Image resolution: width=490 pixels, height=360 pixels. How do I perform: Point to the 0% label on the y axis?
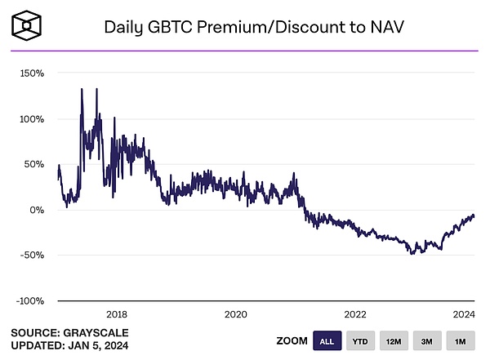(x=37, y=210)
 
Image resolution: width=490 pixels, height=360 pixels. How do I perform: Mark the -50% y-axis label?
(x=32, y=256)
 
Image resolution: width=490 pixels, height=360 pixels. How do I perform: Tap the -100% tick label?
(x=29, y=301)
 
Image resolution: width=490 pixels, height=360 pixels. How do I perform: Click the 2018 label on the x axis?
(x=116, y=314)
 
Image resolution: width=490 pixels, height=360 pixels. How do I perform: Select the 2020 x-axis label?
(x=235, y=314)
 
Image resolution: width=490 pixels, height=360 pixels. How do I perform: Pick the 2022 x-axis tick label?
(x=354, y=314)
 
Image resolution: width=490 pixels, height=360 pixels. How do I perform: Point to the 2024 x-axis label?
(x=464, y=314)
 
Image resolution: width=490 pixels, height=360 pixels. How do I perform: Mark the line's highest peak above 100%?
(x=82, y=89)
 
